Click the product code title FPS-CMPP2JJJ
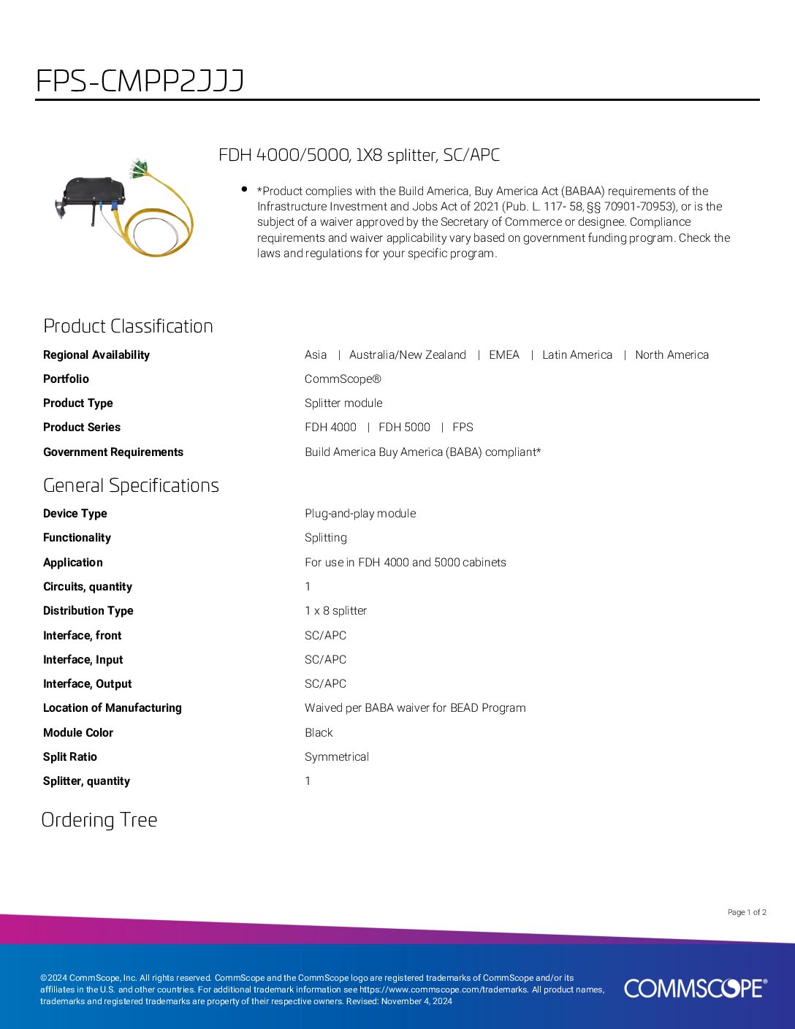point(140,80)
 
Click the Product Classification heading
point(128,326)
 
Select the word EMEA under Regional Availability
point(504,355)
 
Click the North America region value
point(672,355)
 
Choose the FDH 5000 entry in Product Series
point(404,428)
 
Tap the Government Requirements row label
point(113,452)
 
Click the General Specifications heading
point(131,485)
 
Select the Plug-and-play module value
point(360,514)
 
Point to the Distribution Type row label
point(88,611)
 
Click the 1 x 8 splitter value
point(335,611)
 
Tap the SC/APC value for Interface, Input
point(325,660)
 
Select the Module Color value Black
point(319,733)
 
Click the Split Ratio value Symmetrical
point(337,757)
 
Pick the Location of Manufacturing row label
point(113,708)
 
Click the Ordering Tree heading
point(99,820)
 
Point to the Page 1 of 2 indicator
point(747,912)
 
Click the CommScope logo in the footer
point(695,988)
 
